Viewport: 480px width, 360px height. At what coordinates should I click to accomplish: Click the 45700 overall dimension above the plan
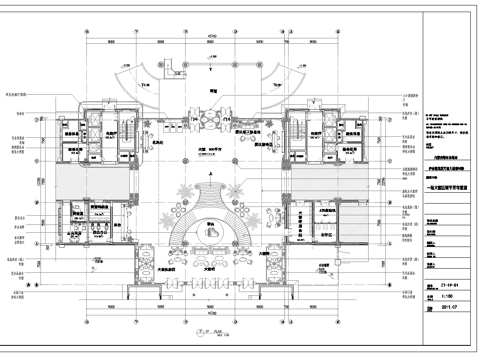coord(213,36)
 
